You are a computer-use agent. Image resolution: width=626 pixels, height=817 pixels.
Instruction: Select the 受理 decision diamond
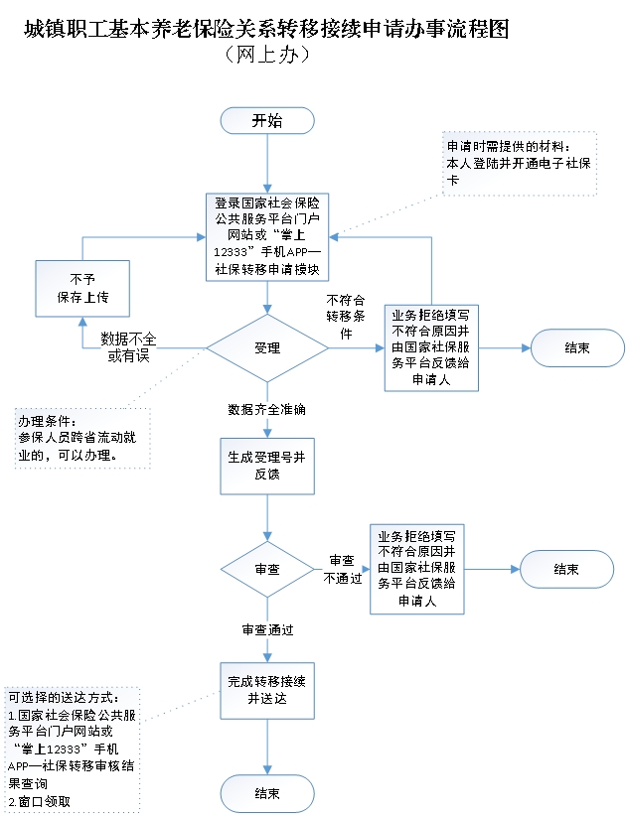point(266,348)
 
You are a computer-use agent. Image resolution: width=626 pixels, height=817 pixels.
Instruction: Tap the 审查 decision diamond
point(266,571)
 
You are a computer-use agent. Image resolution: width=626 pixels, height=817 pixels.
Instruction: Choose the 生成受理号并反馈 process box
point(266,467)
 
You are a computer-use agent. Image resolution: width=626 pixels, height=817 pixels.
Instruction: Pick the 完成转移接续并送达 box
point(266,690)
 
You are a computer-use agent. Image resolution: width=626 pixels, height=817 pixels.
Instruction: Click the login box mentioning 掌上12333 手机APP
point(266,237)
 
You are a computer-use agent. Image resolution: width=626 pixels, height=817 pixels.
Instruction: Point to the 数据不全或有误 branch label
point(128,347)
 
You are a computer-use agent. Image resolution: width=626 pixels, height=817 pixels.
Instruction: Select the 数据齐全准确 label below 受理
point(266,409)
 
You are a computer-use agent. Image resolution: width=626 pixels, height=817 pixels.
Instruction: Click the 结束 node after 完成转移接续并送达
point(266,793)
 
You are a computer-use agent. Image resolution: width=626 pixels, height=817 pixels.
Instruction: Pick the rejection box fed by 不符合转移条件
point(432,346)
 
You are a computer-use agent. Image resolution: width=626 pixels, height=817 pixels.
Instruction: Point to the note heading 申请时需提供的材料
point(509,148)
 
